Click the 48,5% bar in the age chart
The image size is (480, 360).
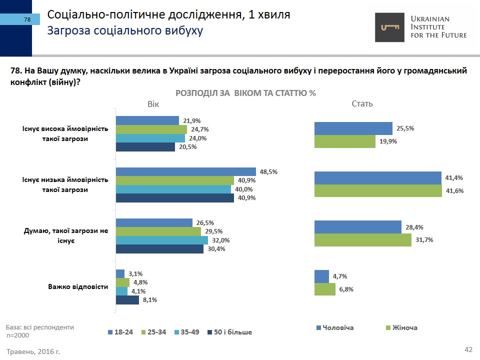(185, 171)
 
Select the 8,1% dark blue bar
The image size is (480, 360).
(127, 300)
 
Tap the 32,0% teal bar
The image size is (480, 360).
(161, 240)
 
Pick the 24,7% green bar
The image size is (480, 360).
(151, 129)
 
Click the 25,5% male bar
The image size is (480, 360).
(353, 128)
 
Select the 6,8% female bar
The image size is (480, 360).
(324, 289)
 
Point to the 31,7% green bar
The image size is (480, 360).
(359, 240)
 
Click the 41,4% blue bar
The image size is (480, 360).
(377, 178)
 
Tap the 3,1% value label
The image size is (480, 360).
(136, 273)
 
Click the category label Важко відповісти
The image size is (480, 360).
(78, 287)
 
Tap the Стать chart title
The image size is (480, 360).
(362, 104)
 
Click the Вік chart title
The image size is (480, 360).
(153, 104)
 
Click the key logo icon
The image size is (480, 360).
(390, 27)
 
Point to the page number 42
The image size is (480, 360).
(468, 349)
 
